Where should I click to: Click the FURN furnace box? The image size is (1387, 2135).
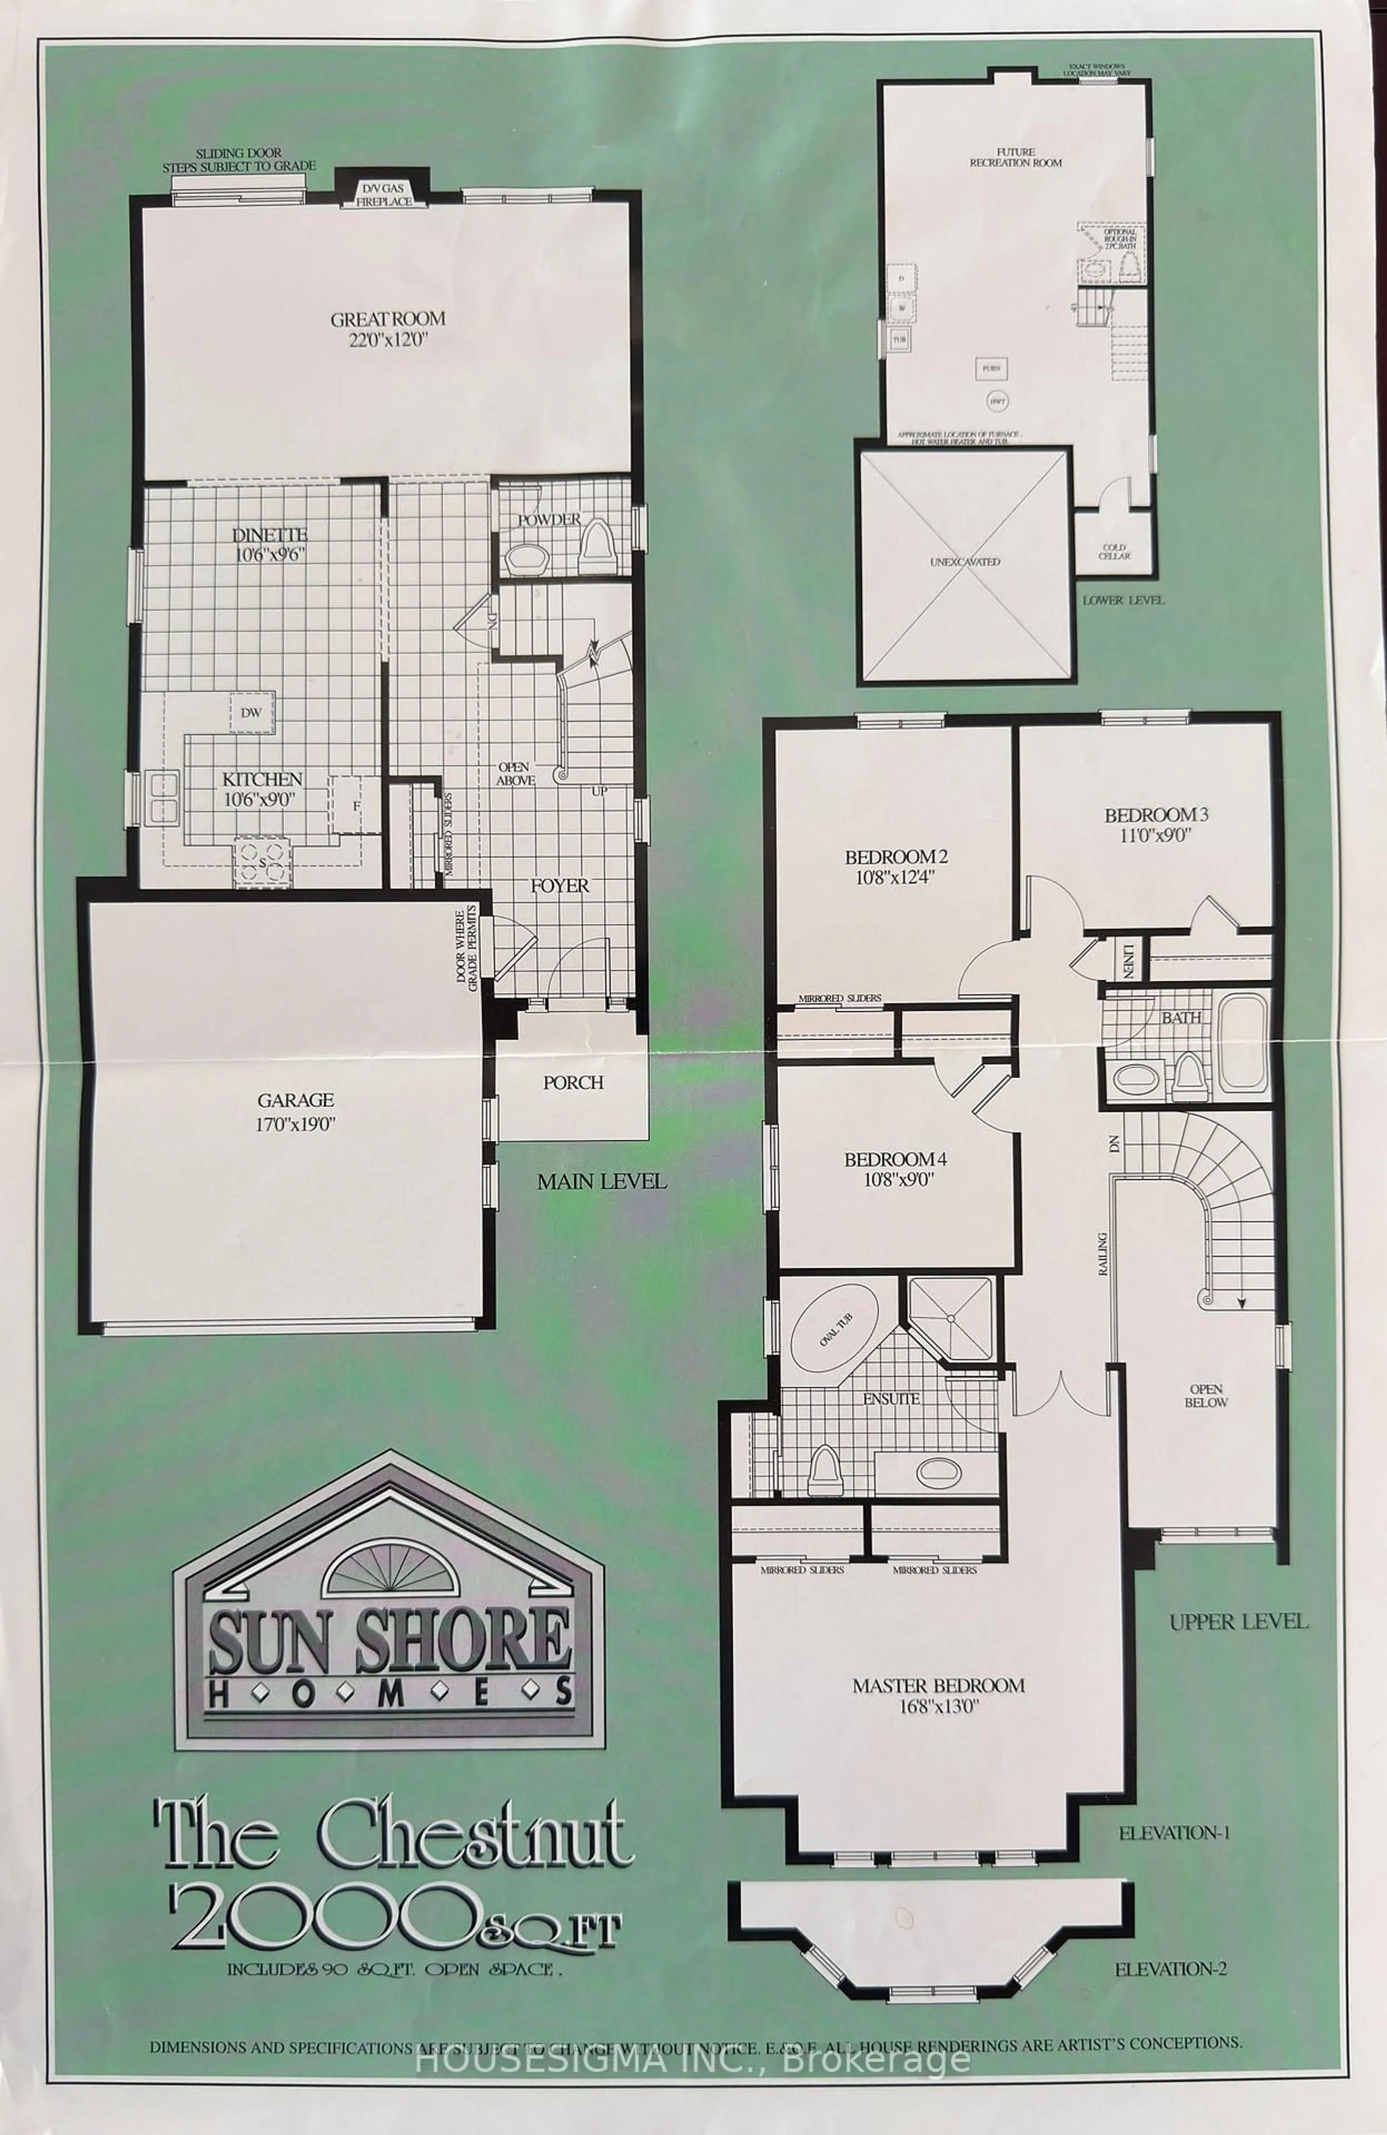click(991, 368)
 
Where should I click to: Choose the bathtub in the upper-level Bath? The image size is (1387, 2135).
click(1241, 1045)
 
